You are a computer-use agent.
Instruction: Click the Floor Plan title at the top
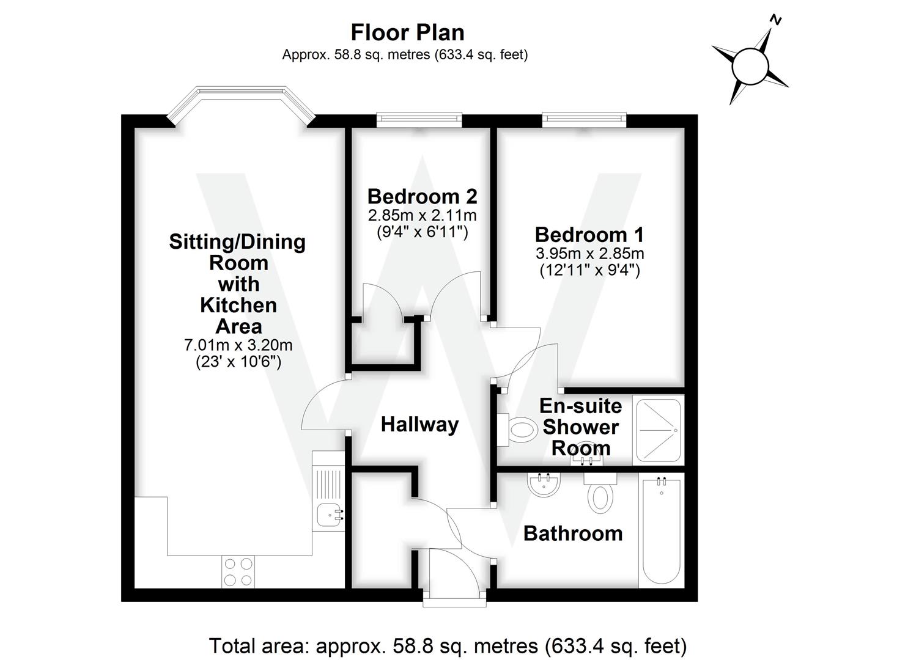coord(407,32)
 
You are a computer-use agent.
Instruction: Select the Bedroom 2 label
coord(422,196)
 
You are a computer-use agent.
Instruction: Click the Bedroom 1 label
coord(589,235)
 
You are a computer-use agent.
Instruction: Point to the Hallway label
coord(419,424)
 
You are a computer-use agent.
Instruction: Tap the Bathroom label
coord(573,533)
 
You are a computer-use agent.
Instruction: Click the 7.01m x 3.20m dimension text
coord(238,345)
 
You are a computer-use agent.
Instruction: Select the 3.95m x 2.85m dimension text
coord(589,253)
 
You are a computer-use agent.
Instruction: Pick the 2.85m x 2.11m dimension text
coord(422,215)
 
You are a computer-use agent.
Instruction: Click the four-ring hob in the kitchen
coord(238,572)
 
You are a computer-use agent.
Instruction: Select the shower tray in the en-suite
coord(659,430)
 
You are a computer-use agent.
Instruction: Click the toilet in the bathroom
coord(600,494)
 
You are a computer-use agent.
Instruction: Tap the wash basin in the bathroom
coord(543,485)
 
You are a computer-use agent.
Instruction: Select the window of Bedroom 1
coord(584,120)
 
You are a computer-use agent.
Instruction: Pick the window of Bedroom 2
coord(419,120)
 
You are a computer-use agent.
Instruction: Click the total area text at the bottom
coord(448,645)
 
